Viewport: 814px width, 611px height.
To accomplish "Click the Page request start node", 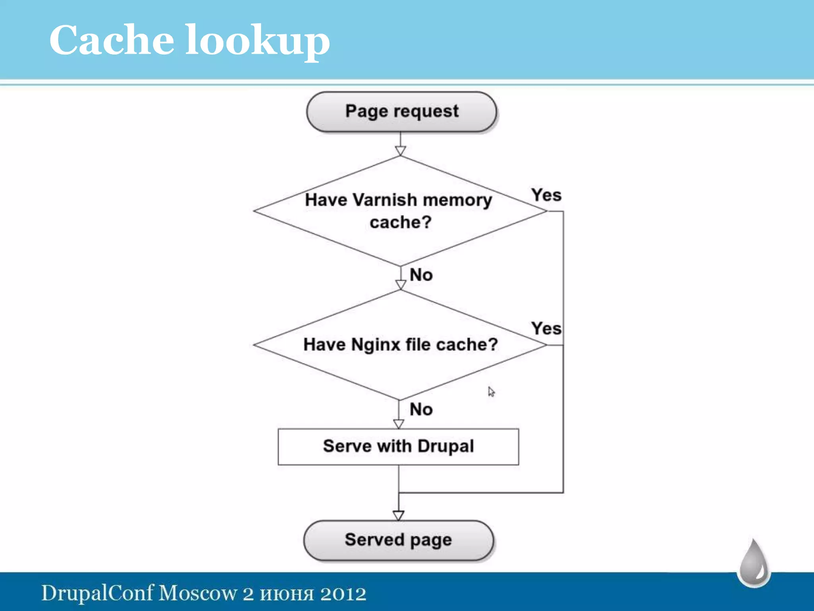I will tap(401, 112).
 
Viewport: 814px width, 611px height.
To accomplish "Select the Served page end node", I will tap(398, 540).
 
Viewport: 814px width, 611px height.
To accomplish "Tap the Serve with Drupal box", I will tap(398, 446).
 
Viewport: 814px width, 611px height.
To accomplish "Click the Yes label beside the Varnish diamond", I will tap(547, 195).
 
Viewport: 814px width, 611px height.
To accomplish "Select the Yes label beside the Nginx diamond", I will tap(547, 329).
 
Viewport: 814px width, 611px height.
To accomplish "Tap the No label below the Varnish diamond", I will tap(421, 275).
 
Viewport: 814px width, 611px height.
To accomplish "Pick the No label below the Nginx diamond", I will tap(421, 409).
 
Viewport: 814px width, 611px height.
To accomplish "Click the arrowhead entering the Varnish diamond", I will tap(400, 151).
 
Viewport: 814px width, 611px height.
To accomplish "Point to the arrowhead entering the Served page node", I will tap(398, 516).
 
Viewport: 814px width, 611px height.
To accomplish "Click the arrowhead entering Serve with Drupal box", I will tap(398, 424).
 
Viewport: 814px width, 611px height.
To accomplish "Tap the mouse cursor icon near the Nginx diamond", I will tap(491, 392).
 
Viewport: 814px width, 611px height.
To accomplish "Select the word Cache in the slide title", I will tap(112, 40).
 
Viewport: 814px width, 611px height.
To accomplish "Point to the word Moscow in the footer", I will tap(198, 593).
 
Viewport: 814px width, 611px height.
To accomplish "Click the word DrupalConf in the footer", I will tap(97, 593).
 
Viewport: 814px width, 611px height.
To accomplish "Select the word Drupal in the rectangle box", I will tap(446, 446).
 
